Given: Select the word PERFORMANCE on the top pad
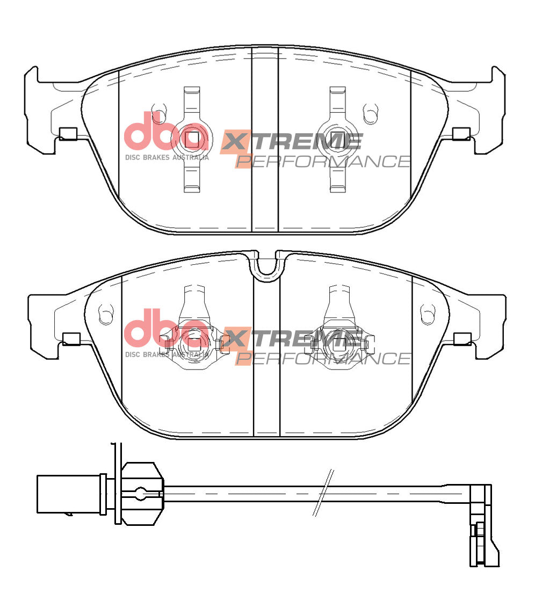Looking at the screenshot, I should pos(323,161).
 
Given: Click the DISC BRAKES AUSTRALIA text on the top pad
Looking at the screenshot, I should pos(167,157).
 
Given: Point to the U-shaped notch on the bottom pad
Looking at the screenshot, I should pos(267,266).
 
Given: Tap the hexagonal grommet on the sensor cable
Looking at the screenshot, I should pos(141,493).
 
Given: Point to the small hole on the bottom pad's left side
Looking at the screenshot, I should pos(106,313).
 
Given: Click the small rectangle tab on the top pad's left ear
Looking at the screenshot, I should pos(68,134).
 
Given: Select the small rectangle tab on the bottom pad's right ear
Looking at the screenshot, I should pos(462,338).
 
